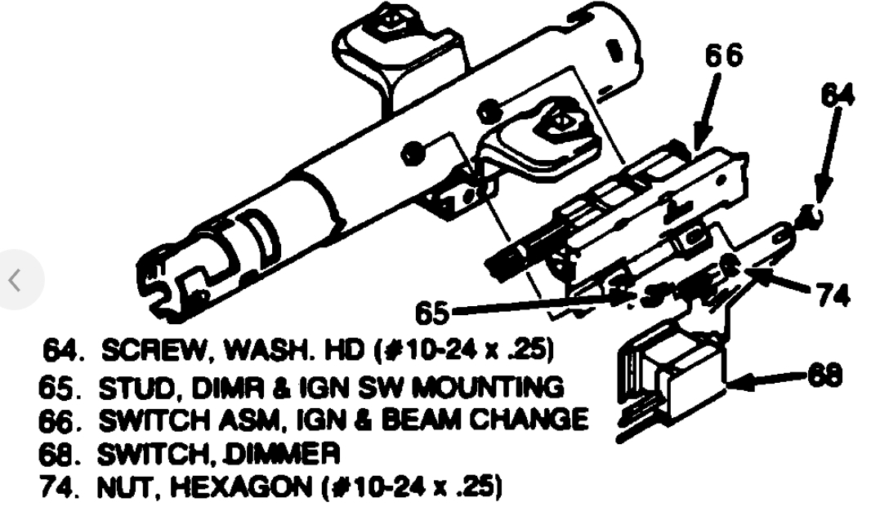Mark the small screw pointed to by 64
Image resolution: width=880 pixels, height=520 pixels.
coord(810,216)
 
